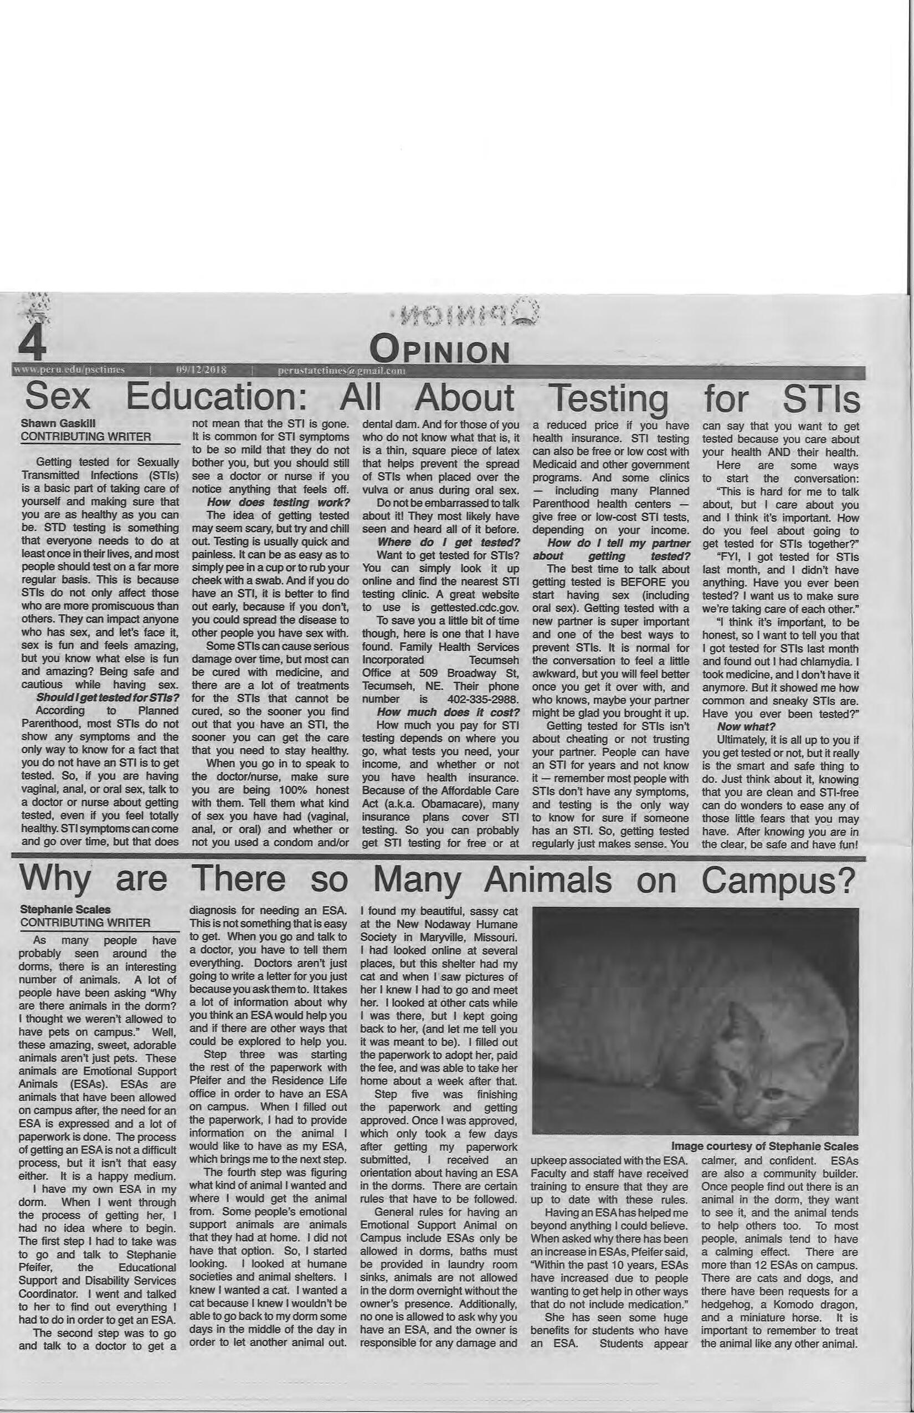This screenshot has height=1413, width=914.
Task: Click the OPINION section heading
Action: [439, 351]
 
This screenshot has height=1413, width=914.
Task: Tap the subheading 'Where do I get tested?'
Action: [449, 542]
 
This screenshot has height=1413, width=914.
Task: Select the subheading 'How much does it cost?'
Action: [449, 712]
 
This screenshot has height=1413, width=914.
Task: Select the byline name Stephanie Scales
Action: [65, 909]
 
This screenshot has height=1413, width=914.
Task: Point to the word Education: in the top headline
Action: [217, 398]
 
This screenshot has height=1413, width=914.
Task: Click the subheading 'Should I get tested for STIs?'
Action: [107, 697]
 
